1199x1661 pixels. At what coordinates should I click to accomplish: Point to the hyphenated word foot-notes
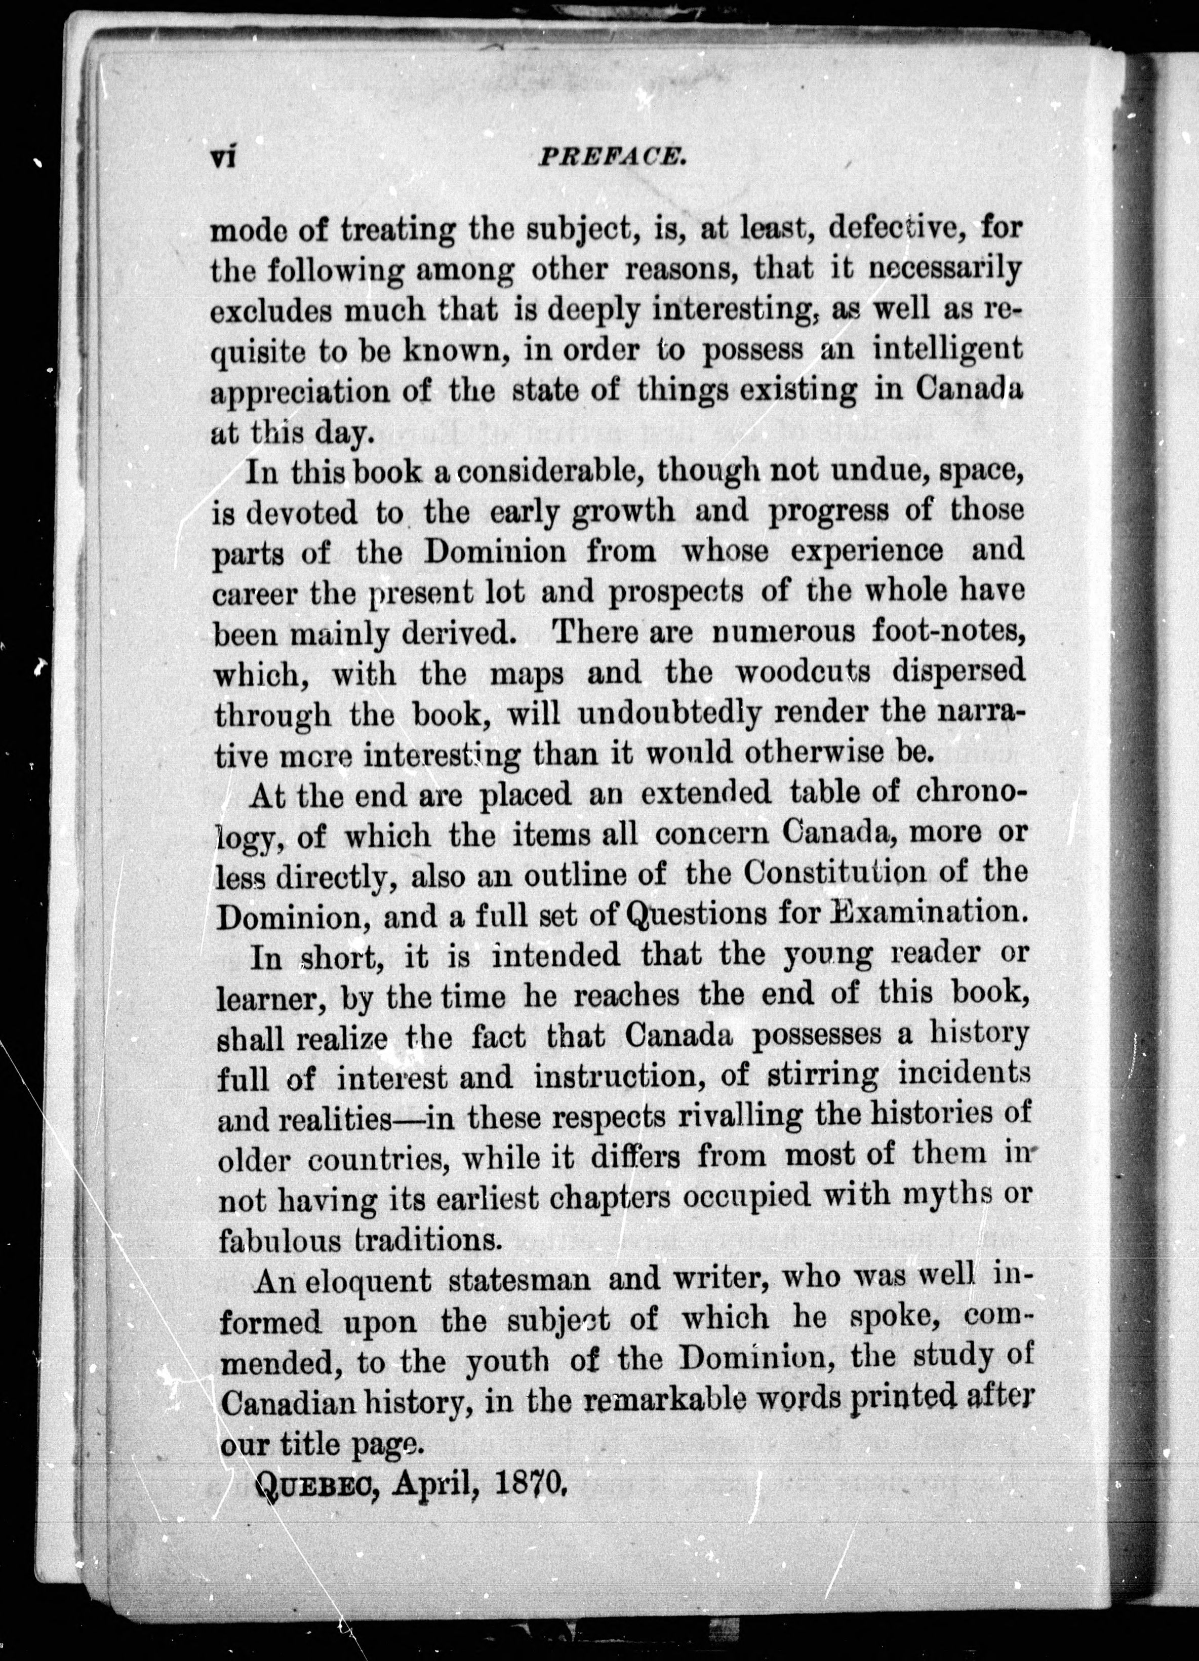[x=944, y=631]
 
